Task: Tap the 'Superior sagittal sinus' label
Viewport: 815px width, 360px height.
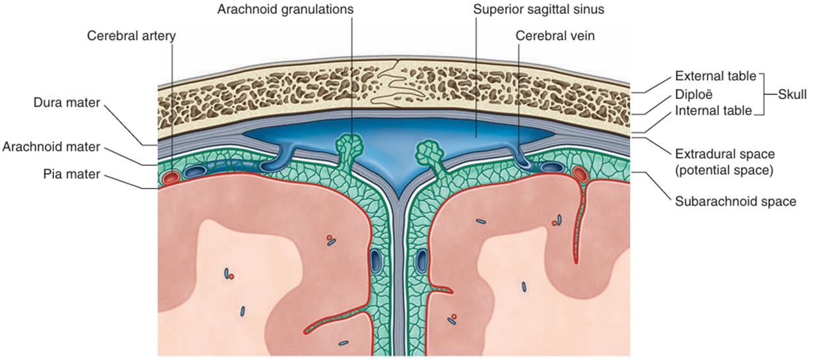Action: [x=539, y=10]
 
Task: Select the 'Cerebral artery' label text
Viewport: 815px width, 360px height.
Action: [x=132, y=35]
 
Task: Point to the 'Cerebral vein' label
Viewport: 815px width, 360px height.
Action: [x=555, y=36]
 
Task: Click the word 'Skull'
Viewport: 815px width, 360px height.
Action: [x=791, y=94]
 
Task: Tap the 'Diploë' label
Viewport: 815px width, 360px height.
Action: [x=694, y=94]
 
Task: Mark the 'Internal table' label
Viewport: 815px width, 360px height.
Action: [x=713, y=111]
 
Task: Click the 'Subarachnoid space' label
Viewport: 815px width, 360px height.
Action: [x=735, y=201]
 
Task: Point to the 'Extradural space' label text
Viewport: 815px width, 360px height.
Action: [x=725, y=154]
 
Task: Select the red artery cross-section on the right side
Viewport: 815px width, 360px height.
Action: [x=581, y=174]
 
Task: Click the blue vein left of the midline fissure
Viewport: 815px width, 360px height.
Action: [x=375, y=260]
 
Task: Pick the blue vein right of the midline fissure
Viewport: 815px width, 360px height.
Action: [x=421, y=260]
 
